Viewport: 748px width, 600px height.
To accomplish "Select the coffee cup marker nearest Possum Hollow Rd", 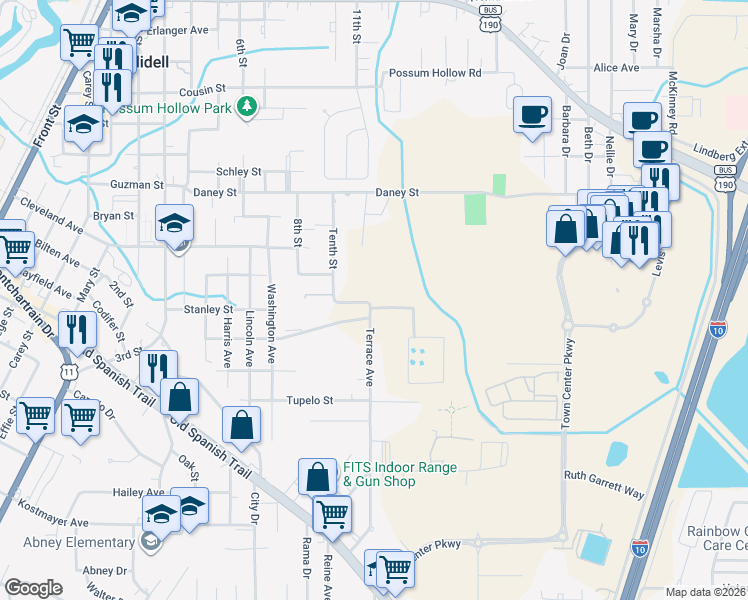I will (532, 113).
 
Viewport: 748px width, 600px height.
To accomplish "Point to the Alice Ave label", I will (615, 68).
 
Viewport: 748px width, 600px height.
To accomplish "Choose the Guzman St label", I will (137, 185).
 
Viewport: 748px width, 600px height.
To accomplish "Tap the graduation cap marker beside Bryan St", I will (175, 224).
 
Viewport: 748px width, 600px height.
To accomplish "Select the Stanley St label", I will (208, 310).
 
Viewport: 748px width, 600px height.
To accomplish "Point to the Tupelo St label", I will (310, 400).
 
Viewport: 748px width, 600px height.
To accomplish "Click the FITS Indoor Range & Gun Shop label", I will (399, 474).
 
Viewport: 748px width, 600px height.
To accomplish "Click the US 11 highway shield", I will (67, 370).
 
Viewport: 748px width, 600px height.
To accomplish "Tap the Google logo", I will (32, 588).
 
